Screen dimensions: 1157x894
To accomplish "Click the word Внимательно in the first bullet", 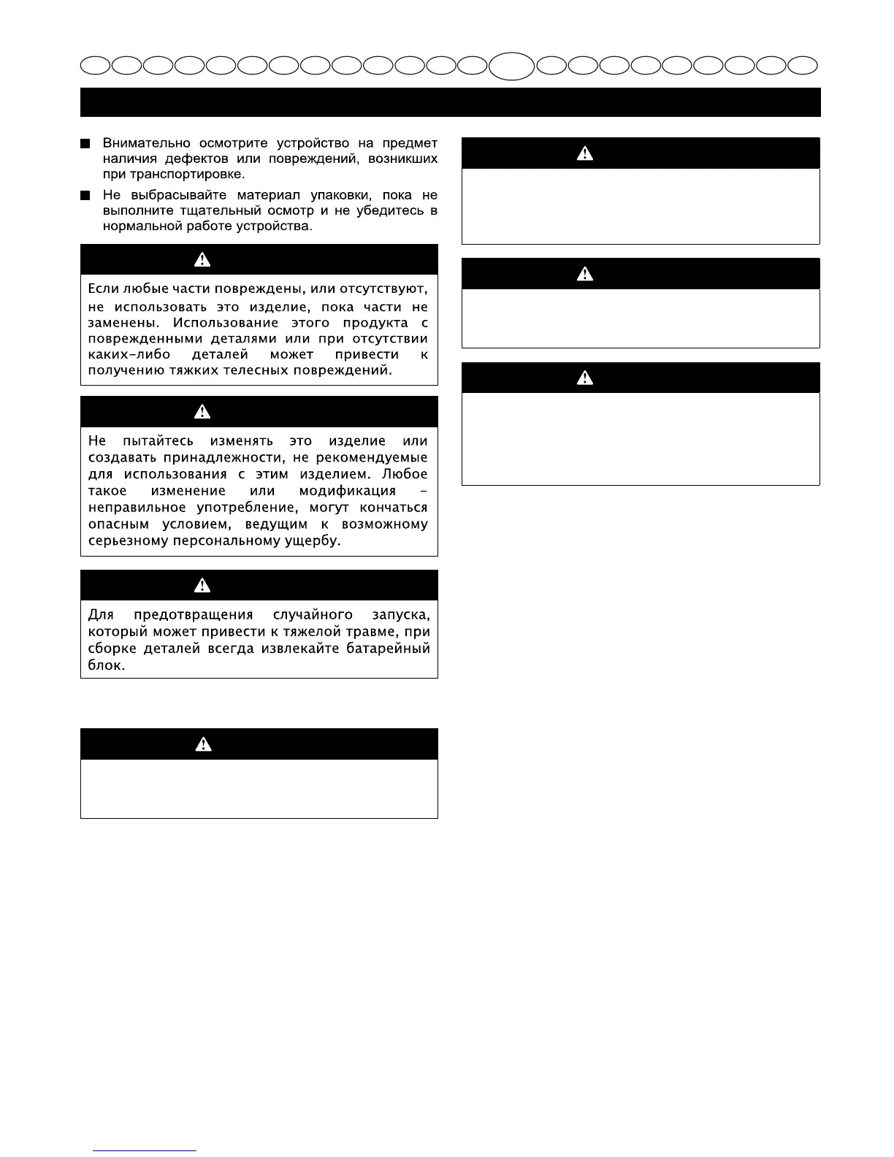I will pyautogui.click(x=146, y=143).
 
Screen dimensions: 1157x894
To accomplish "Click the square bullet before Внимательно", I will pyautogui.click(x=85, y=143).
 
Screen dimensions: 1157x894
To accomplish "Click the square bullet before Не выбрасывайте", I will pyautogui.click(x=85, y=195).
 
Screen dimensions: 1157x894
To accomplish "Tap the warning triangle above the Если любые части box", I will pyautogui.click(x=202, y=260).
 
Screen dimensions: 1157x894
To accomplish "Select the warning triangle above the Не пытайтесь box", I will pyautogui.click(x=202, y=412).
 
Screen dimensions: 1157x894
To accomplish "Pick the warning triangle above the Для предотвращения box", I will pyautogui.click(x=202, y=586).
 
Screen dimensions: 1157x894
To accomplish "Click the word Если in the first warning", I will pyautogui.click(x=103, y=289).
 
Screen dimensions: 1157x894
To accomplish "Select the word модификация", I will pyautogui.click(x=347, y=491).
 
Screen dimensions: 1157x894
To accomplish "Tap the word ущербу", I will pyautogui.click(x=315, y=541).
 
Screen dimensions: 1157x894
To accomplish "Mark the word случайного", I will pyautogui.click(x=310, y=615).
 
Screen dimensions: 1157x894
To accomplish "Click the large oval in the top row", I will pyautogui.click(x=511, y=66).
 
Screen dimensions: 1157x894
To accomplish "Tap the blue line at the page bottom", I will pyautogui.click(x=145, y=1150).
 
